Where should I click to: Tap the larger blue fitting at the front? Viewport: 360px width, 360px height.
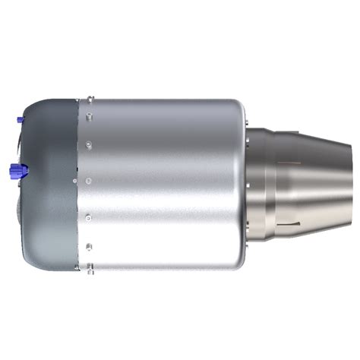(15, 169)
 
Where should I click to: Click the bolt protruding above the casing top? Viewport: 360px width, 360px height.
(90, 98)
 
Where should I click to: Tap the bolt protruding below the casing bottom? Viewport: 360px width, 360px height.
(90, 267)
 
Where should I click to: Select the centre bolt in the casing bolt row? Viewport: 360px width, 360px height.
(90, 181)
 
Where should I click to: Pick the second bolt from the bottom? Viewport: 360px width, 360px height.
(90, 245)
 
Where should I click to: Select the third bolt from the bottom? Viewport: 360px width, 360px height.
(89, 219)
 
